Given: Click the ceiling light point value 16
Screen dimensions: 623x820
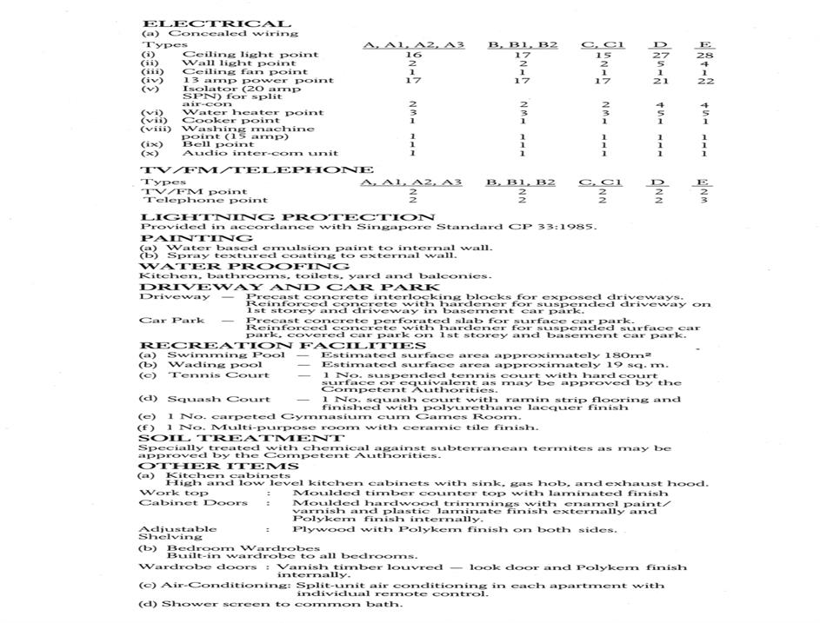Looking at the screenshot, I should point(414,54).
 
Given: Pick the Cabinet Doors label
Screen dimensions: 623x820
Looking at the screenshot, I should point(181,503).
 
